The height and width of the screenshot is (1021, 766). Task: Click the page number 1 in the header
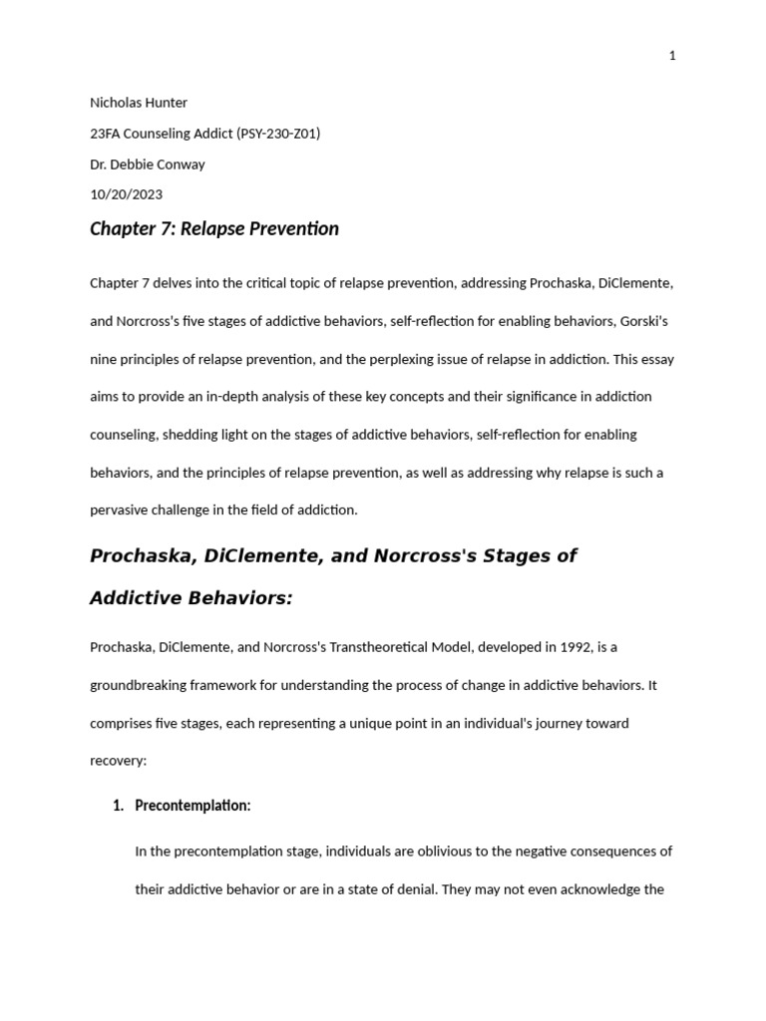click(672, 56)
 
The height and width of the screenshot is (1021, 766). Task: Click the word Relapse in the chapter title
click(213, 229)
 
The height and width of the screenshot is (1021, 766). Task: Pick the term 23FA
click(105, 134)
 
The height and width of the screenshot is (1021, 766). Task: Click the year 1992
click(571, 647)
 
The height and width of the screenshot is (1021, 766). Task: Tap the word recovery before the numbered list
click(118, 761)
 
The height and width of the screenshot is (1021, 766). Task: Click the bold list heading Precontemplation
click(191, 806)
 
